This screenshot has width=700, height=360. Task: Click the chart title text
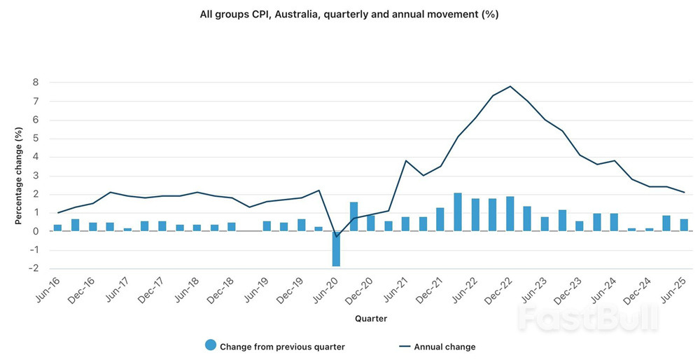pyautogui.click(x=349, y=14)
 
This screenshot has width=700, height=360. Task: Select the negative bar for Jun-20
pyautogui.click(x=336, y=249)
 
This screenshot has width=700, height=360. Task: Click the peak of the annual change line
pyautogui.click(x=510, y=86)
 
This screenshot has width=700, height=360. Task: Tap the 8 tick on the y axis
pyautogui.click(x=35, y=83)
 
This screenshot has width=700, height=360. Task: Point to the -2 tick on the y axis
pyautogui.click(x=33, y=268)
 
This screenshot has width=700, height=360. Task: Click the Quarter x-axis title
pyautogui.click(x=371, y=318)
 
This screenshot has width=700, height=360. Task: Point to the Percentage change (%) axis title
pyautogui.click(x=19, y=175)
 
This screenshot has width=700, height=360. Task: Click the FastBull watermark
pyautogui.click(x=588, y=319)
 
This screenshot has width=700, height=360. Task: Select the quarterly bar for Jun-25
pyautogui.click(x=684, y=225)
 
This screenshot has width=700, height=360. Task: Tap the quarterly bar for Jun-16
pyautogui.click(x=57, y=228)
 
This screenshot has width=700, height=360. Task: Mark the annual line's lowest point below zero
pyautogui.click(x=336, y=237)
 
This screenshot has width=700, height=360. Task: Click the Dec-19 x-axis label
pyautogui.click(x=293, y=290)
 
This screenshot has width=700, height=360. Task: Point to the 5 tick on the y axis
pyautogui.click(x=35, y=139)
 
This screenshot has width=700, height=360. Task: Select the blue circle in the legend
pyautogui.click(x=210, y=345)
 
